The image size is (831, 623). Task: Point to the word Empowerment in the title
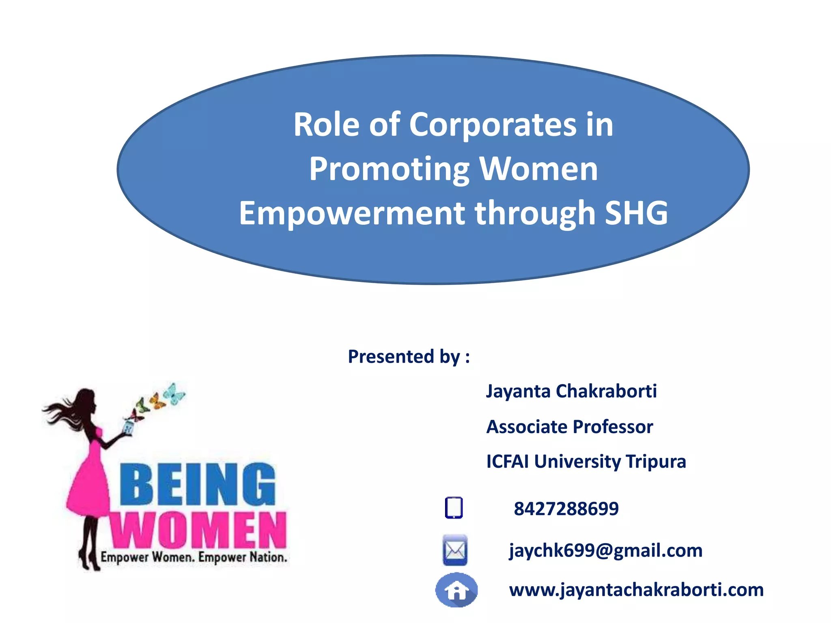coord(352,213)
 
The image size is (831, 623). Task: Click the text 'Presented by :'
coord(409,357)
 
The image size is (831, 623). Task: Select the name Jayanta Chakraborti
coord(571,391)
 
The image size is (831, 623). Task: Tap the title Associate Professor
coord(570,427)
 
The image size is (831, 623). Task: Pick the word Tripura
coord(656,462)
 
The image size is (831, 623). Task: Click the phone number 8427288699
coord(566,509)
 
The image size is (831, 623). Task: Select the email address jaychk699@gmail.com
coord(606,550)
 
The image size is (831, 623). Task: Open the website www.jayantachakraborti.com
coord(636,590)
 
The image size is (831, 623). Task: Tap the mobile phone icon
coord(454,507)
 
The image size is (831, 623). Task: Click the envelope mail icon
coord(455,550)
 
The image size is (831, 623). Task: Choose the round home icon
coord(456,590)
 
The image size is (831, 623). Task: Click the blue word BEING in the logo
coord(198,485)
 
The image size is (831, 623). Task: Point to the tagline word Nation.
coord(268,557)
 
